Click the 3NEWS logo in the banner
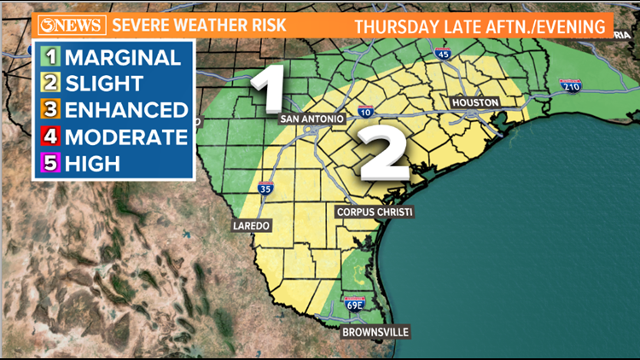pos(71,24)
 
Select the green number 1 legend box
pos(50,58)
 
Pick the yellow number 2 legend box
pos(50,84)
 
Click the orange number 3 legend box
pos(50,110)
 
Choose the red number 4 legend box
pos(50,136)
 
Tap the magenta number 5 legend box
pos(50,163)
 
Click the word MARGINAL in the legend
pos(123,58)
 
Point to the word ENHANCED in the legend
pos(126,110)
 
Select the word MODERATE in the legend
pos(125,136)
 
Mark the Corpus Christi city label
pos(375,212)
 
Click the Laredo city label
pos(251,226)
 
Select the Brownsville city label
pos(375,331)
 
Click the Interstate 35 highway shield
pos(266,189)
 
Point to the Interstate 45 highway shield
pos(442,55)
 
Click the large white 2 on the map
pos(383,154)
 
